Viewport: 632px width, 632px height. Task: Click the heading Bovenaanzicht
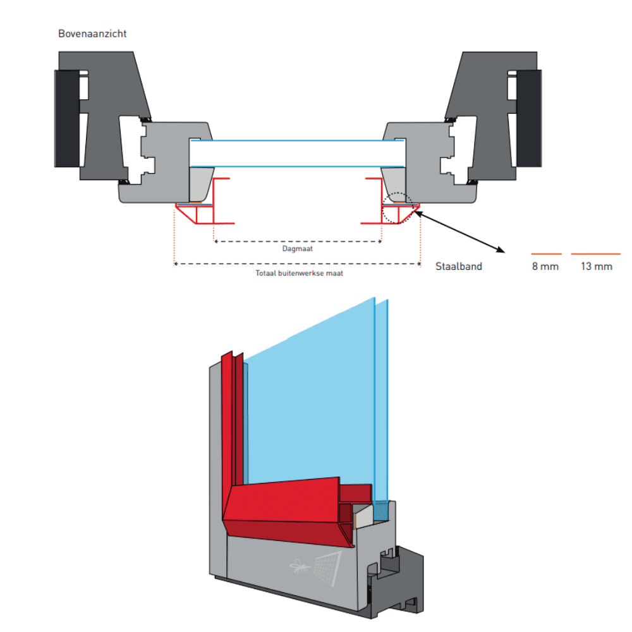[x=92, y=33]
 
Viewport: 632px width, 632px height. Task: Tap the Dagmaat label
[x=298, y=248]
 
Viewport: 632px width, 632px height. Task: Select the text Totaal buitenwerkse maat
[x=299, y=274]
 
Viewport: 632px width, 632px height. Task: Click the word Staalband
[x=459, y=266]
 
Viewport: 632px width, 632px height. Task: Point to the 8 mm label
[x=545, y=266]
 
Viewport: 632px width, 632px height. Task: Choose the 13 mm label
[x=597, y=266]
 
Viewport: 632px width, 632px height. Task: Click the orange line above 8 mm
[x=545, y=254]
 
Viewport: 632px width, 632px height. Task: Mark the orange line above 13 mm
[x=596, y=254]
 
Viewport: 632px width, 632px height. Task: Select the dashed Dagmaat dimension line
[x=298, y=241]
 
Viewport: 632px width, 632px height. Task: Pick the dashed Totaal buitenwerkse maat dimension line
[x=298, y=264]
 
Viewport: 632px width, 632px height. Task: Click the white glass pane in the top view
[x=298, y=152]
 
